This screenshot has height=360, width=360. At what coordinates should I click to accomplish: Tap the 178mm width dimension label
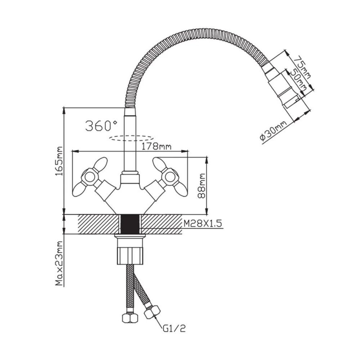tap(156, 146)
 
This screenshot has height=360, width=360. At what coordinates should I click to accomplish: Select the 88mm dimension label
tap(202, 186)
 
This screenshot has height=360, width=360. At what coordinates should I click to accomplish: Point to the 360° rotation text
tap(101, 126)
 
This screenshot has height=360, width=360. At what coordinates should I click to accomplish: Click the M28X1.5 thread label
tap(203, 223)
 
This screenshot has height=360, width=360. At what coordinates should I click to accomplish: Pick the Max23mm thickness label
tap(59, 264)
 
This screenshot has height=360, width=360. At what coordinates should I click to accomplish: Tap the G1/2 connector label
tap(174, 329)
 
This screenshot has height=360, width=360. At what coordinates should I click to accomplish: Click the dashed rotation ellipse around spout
tap(131, 138)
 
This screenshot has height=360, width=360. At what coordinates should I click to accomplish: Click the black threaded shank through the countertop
tap(130, 224)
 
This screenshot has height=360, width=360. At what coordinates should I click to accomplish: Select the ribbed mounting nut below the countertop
tap(130, 255)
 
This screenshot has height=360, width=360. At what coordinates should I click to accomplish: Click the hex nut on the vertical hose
tap(130, 318)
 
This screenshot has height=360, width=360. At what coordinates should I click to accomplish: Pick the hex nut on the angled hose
tap(152, 312)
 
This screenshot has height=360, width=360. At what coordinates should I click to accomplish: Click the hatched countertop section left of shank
tap(99, 224)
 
